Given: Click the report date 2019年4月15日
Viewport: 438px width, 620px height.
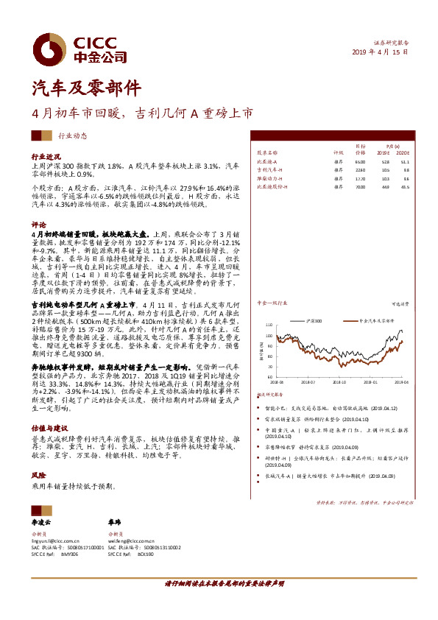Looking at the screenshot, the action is [x=381, y=52].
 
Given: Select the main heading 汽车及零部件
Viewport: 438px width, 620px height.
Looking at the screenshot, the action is [x=76, y=89].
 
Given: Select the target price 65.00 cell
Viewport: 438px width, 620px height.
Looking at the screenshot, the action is [x=360, y=161].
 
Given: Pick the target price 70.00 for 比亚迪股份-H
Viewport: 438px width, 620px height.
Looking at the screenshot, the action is [x=360, y=186].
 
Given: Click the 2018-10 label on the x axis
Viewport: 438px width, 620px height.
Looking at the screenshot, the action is [x=339, y=382].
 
